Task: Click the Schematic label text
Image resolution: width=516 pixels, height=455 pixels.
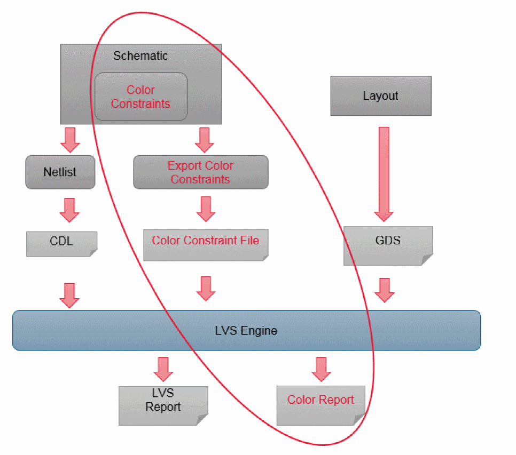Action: coord(140,56)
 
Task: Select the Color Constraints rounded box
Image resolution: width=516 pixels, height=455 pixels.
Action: coord(140,97)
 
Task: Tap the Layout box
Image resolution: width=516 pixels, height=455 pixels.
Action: coord(380,96)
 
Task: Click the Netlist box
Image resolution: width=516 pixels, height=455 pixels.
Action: coord(60,172)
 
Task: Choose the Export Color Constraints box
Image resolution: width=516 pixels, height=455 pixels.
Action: coord(200,172)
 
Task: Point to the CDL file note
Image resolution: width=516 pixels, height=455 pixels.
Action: coord(61,243)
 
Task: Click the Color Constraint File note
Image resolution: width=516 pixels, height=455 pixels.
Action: coord(205,244)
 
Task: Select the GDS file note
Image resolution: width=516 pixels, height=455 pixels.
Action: coord(387,245)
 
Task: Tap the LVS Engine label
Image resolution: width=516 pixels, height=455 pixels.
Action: coord(246,331)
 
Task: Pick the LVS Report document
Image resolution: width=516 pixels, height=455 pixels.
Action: coord(163,404)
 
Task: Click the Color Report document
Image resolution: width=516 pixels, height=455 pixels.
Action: coord(320,404)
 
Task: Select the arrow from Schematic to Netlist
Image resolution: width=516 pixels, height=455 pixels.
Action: coord(69,140)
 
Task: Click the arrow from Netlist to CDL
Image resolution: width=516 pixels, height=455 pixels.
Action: coord(69,210)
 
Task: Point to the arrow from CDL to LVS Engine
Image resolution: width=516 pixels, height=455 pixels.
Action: coord(69,295)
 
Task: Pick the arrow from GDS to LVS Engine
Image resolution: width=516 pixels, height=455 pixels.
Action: coord(384,289)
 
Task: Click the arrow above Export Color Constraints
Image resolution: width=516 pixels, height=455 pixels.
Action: coord(204,140)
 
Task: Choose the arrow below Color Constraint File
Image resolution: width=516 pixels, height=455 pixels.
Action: coord(206,288)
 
